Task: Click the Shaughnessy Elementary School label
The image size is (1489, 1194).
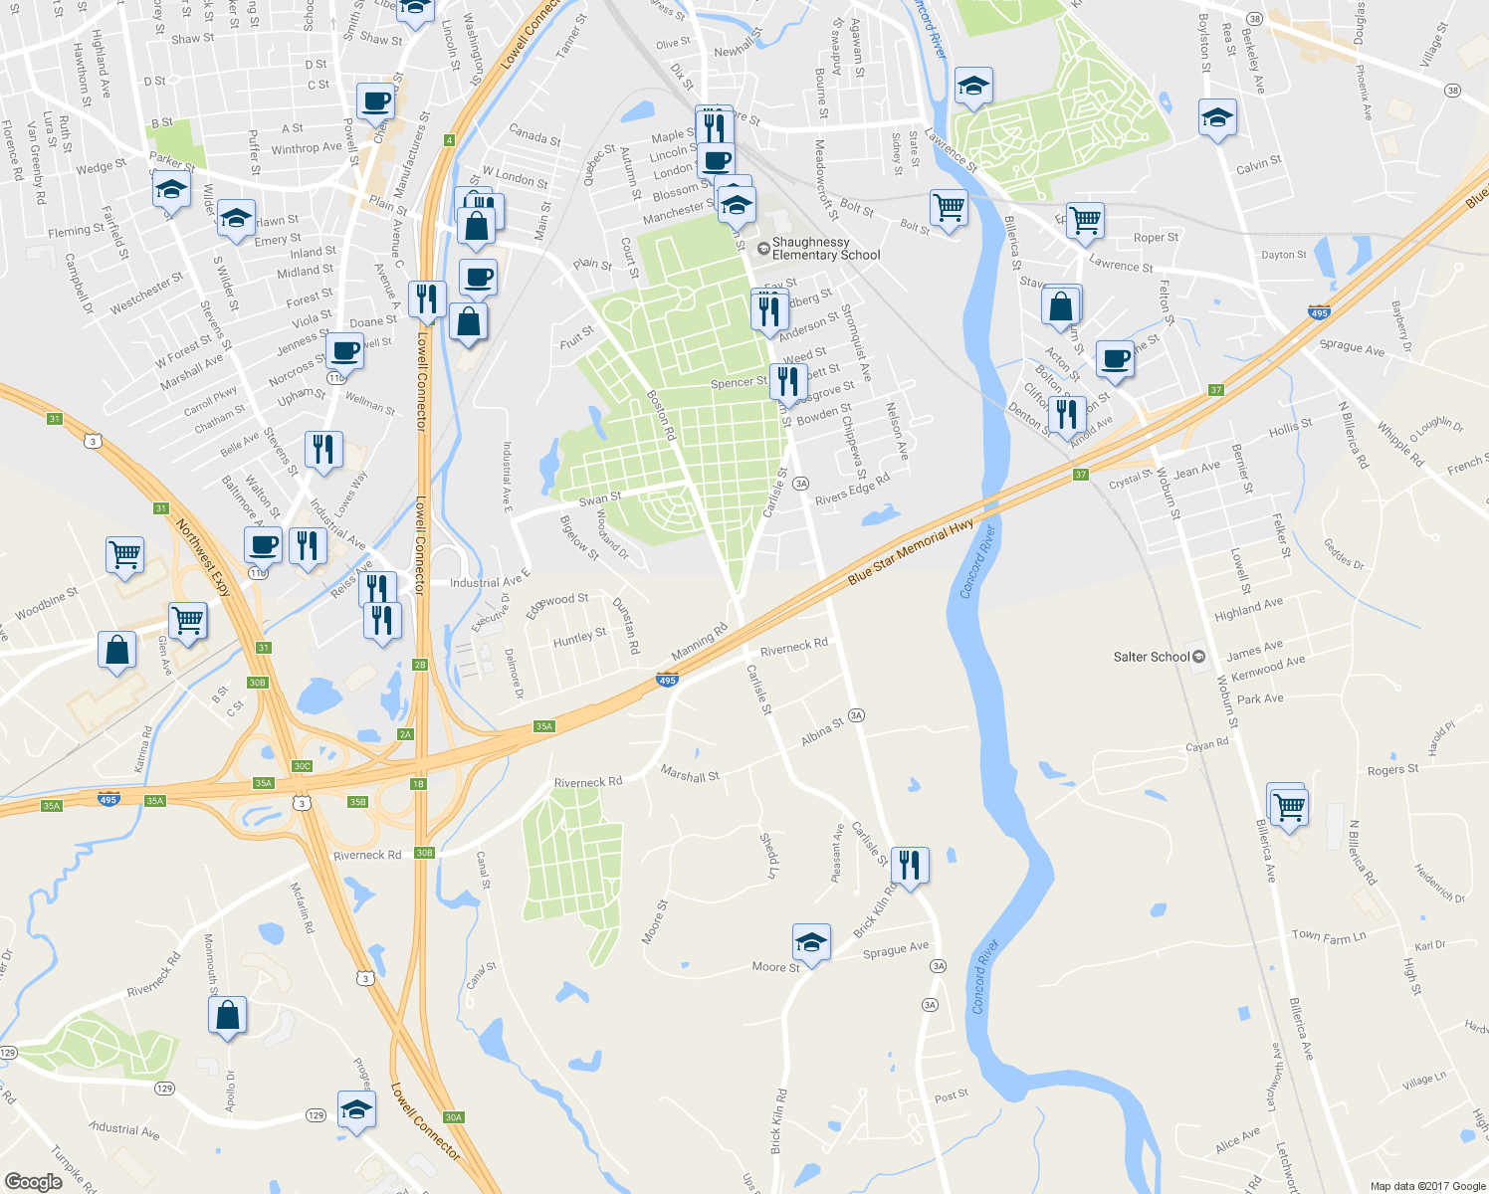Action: tap(825, 249)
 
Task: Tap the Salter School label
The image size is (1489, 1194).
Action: tap(1152, 657)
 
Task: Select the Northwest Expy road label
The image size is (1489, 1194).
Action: tap(203, 558)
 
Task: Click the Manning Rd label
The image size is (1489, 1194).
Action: tap(699, 642)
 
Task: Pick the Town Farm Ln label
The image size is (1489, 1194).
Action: tap(1328, 936)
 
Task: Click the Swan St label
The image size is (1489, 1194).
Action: tap(599, 497)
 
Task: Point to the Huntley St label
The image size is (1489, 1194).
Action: tap(579, 638)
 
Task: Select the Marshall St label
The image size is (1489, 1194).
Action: tap(689, 774)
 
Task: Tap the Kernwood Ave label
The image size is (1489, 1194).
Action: tap(1268, 668)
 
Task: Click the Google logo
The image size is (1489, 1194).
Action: tap(34, 1181)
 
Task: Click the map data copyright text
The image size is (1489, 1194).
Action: tap(1427, 1186)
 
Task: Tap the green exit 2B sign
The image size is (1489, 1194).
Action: tap(419, 665)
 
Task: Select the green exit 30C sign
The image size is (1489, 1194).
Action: tap(302, 766)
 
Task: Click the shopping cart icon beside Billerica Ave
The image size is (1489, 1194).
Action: tap(1289, 805)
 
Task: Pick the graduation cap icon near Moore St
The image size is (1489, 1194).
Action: tap(811, 942)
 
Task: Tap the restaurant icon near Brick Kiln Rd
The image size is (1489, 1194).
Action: tap(910, 864)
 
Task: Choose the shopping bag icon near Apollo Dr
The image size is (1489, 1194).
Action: tap(227, 1015)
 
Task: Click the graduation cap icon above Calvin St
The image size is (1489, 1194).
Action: tap(1217, 118)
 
